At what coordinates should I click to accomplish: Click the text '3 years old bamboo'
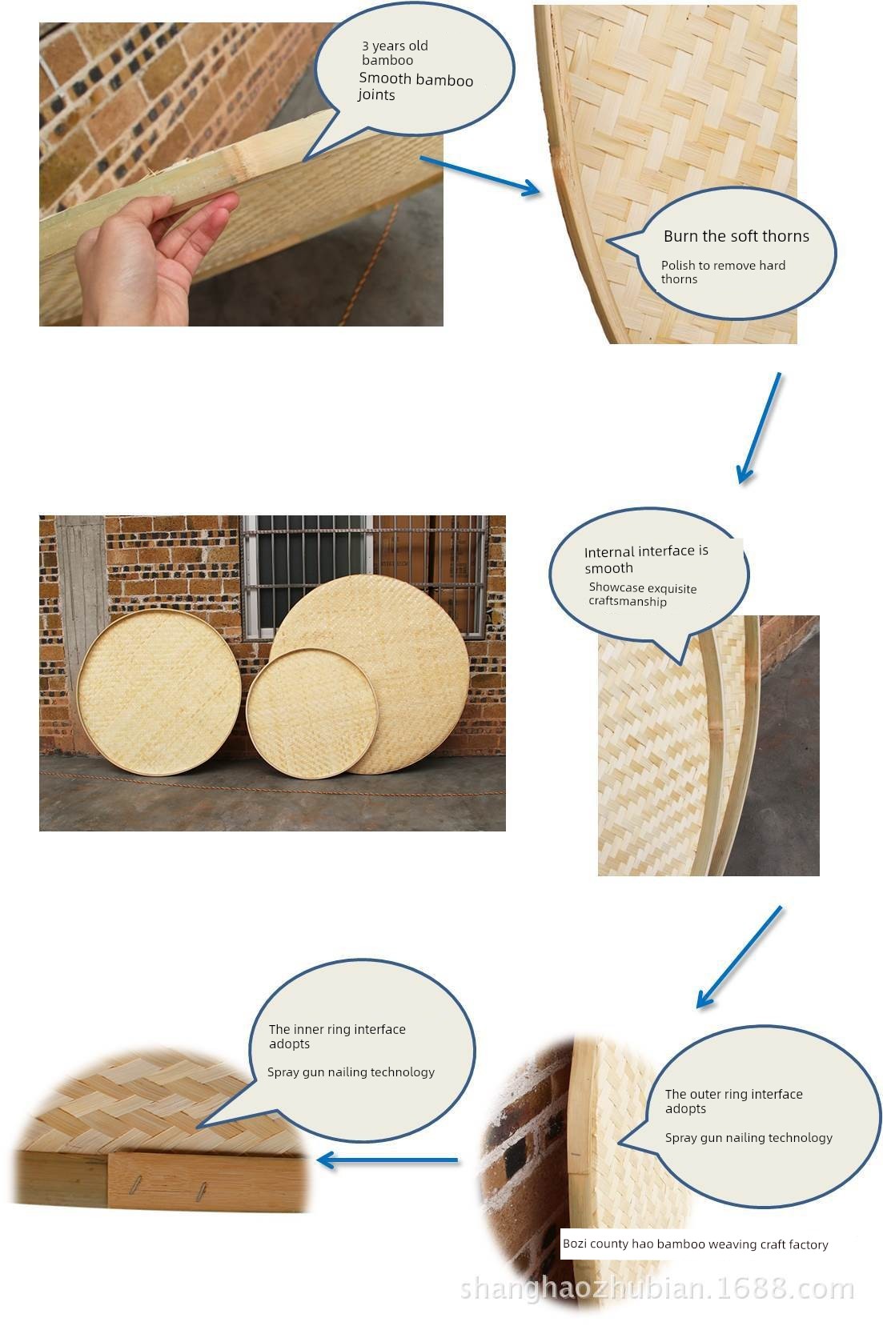click(x=395, y=53)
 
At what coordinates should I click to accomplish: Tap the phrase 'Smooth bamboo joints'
click(x=415, y=86)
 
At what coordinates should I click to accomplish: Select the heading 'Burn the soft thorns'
click(x=737, y=236)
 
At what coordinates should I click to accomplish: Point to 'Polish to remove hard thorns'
click(x=723, y=272)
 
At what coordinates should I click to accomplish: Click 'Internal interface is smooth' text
click(x=646, y=559)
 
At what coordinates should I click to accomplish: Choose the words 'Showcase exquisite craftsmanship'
click(x=643, y=595)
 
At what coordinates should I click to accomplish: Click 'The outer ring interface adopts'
click(x=734, y=1101)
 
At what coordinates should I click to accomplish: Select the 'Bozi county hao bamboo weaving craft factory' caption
click(x=695, y=1244)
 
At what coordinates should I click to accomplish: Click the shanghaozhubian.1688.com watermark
click(x=657, y=1288)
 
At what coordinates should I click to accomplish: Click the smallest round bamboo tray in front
click(x=312, y=713)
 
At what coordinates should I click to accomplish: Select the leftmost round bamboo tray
click(x=159, y=692)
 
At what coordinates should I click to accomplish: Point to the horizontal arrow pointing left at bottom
click(x=388, y=1160)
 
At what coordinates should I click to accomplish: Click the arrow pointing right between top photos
click(x=480, y=176)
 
